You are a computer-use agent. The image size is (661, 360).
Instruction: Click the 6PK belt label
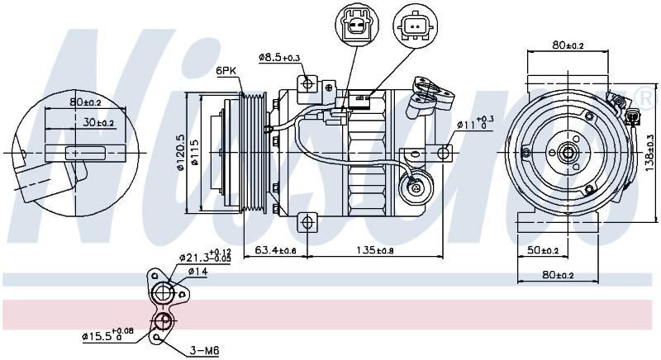tap(226, 71)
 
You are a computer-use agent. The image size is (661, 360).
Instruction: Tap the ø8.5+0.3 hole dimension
tap(279, 57)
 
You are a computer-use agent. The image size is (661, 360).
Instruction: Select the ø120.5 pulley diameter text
tap(181, 153)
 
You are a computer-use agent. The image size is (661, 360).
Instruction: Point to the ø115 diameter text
tap(195, 153)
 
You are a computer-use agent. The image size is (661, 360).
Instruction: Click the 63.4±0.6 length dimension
tap(276, 250)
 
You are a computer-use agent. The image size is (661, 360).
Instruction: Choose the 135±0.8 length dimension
tap(375, 250)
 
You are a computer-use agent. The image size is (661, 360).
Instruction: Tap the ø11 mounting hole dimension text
tap(476, 122)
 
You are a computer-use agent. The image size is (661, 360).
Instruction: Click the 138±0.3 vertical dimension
tap(650, 153)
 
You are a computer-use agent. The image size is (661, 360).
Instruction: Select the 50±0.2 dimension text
tap(543, 250)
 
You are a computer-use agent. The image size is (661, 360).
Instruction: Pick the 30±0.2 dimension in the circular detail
tap(98, 122)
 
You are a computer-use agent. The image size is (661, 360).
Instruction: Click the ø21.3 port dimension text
tap(205, 257)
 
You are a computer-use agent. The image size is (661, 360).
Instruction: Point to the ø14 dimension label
tap(197, 272)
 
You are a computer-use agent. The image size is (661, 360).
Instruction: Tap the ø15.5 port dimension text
tap(107, 335)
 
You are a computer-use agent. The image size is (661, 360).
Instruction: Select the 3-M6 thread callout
tap(204, 350)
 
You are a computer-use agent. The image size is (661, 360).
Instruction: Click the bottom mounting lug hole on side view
tap(307, 221)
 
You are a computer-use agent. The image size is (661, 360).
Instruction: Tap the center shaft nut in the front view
tap(568, 153)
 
